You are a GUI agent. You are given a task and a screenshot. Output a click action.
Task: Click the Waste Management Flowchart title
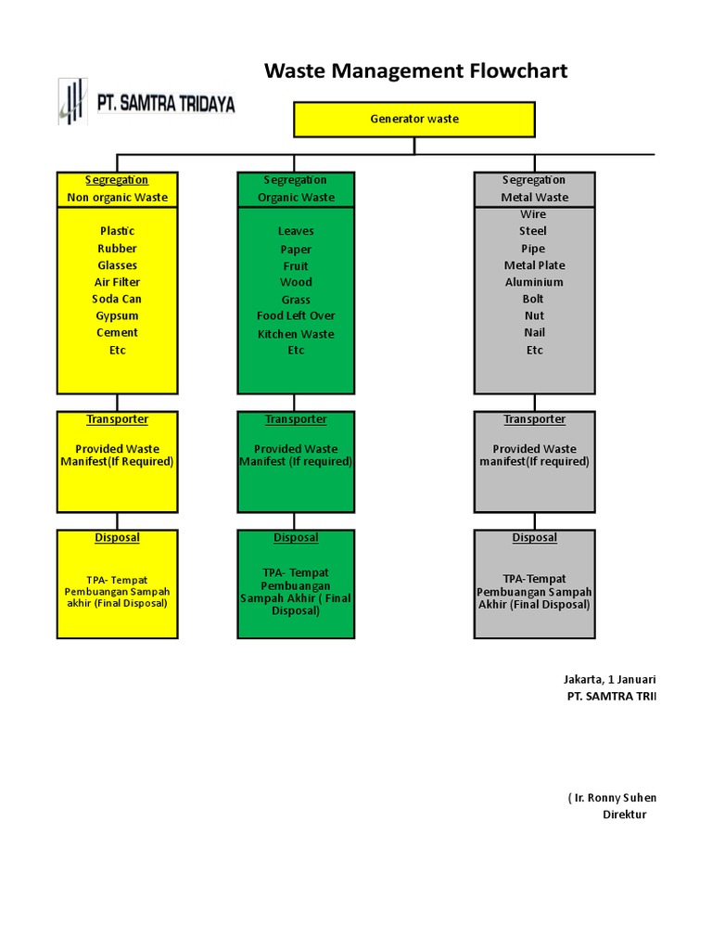(x=415, y=71)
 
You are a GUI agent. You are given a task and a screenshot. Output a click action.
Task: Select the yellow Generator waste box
(x=414, y=119)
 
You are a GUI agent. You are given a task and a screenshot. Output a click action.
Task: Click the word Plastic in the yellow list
(x=117, y=231)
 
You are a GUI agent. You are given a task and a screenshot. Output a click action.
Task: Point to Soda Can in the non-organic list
(x=117, y=299)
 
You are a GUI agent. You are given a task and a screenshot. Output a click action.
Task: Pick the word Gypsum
(x=117, y=315)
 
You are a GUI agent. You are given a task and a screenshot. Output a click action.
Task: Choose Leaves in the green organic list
(x=296, y=231)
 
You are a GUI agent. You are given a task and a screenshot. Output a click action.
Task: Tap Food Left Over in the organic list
(x=296, y=315)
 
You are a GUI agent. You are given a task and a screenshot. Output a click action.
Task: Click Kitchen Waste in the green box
(x=296, y=334)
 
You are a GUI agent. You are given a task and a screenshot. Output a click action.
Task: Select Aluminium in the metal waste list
(x=534, y=282)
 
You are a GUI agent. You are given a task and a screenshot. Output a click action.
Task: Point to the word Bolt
(x=533, y=299)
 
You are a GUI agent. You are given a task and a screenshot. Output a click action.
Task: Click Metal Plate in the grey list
(x=534, y=265)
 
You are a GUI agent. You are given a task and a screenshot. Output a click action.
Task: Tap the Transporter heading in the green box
(x=296, y=419)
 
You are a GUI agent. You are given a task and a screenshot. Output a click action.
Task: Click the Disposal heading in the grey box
(x=534, y=538)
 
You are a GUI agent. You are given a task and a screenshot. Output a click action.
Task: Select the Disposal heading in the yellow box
(x=117, y=538)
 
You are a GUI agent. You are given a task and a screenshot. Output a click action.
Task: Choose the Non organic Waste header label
(x=117, y=198)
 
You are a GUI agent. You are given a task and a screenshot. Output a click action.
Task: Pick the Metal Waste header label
(x=534, y=198)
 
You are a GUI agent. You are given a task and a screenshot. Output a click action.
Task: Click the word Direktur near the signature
(x=624, y=815)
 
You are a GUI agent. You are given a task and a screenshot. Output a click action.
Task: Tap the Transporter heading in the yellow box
(x=117, y=419)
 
